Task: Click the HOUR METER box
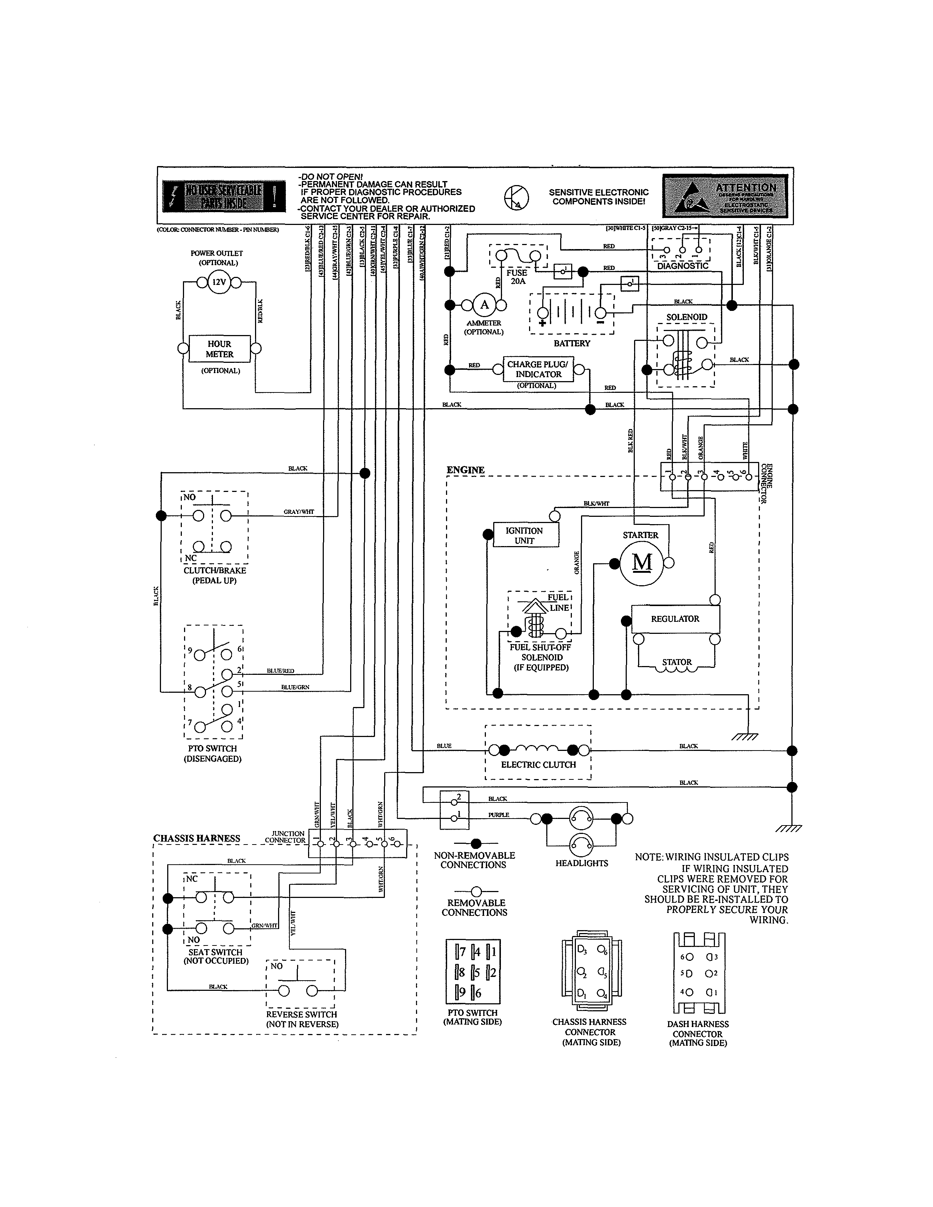pyautogui.click(x=220, y=349)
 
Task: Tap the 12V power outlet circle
pyautogui.click(x=219, y=282)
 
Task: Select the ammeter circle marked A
pyautogui.click(x=485, y=305)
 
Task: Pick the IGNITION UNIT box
pyautogui.click(x=525, y=535)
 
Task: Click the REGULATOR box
pyautogui.click(x=675, y=619)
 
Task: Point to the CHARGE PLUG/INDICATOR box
pyautogui.click(x=538, y=369)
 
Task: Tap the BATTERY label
pyautogui.click(x=572, y=343)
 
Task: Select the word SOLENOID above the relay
pyautogui.click(x=686, y=317)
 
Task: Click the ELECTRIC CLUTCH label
pyautogui.click(x=538, y=765)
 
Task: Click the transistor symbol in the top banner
pyautogui.click(x=517, y=197)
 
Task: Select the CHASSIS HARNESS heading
pyautogui.click(x=197, y=838)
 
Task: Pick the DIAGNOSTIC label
pyautogui.click(x=683, y=266)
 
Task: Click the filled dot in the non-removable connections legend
pyautogui.click(x=476, y=844)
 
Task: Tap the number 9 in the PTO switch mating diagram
pyautogui.click(x=462, y=993)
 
